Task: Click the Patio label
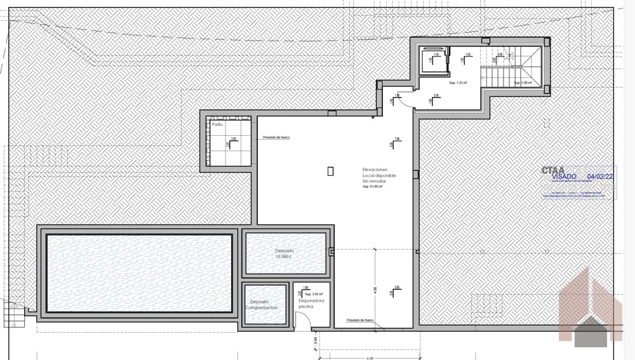coord(218,124)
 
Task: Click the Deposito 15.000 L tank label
coord(284,253)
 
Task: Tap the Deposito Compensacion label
coord(264,304)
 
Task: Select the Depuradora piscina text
coord(311,303)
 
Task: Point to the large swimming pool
coord(139,273)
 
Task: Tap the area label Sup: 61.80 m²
coord(374,187)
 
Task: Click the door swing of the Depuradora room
coord(304,322)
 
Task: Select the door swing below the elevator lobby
coord(405,100)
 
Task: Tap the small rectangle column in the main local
coord(330,170)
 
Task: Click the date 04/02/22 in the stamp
coord(600,177)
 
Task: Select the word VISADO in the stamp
coord(565,177)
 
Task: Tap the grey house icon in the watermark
coord(591,331)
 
